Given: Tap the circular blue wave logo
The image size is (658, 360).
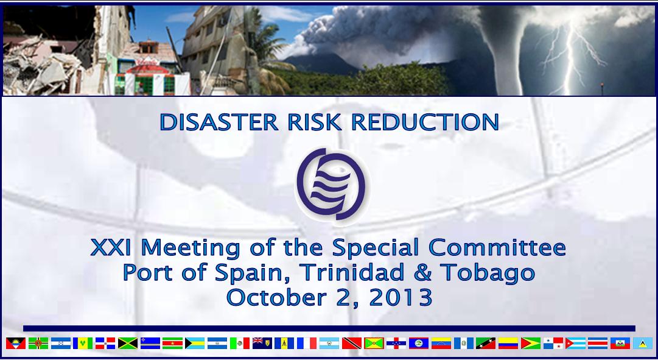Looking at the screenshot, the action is coord(331,184).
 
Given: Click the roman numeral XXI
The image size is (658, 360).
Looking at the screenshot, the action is coord(111,247).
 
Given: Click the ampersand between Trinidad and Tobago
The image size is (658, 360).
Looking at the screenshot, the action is coord(422,272).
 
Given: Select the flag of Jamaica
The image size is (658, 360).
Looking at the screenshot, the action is coord(128,343).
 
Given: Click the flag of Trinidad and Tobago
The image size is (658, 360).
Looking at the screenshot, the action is coord(352,343).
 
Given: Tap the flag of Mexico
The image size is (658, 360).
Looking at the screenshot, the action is coord(240,343).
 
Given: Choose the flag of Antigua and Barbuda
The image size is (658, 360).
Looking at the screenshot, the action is coord(16,343).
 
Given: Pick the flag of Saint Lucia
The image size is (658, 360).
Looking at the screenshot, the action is coord(642,343).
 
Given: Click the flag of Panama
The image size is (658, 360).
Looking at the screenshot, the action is coord(553,343).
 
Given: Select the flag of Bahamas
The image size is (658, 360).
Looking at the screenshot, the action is coord(195,343).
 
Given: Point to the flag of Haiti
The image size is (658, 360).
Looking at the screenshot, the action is coord(620,343).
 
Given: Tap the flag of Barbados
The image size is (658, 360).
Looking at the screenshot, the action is coord(284,343).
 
